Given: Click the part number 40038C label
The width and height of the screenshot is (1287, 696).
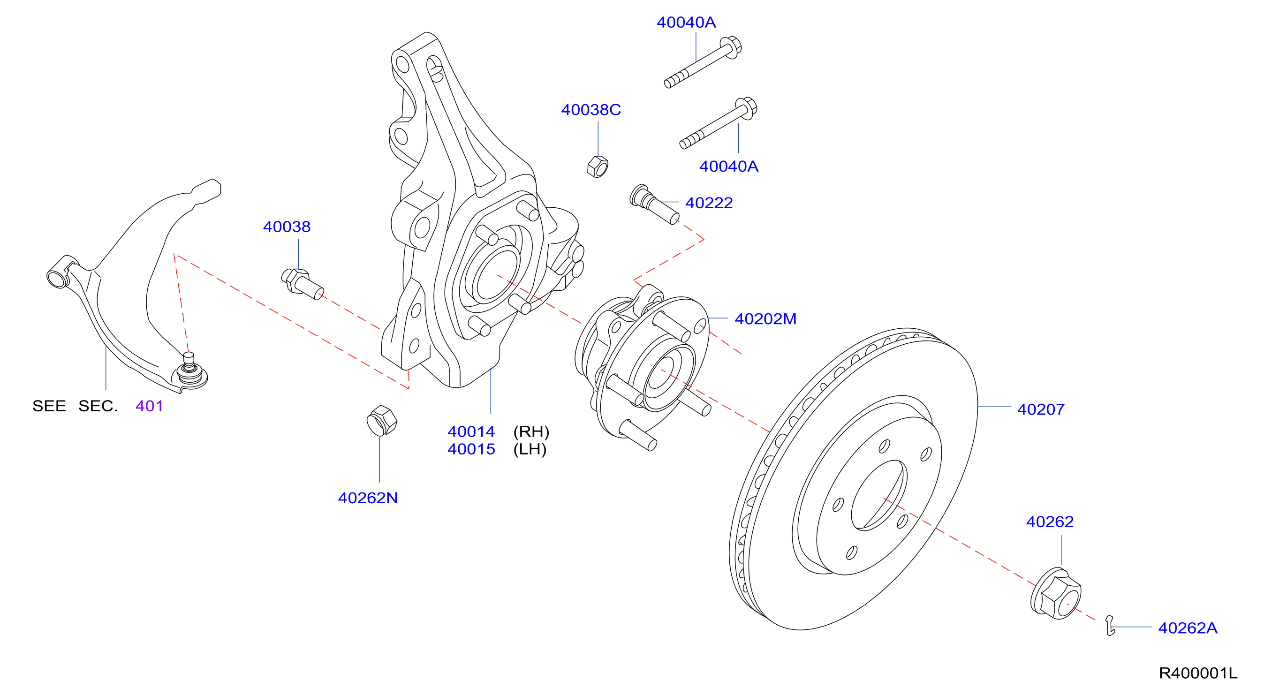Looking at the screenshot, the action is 591,109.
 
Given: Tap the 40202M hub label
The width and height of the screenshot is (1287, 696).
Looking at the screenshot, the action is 765,319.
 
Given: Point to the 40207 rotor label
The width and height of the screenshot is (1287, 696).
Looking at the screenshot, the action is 1041,409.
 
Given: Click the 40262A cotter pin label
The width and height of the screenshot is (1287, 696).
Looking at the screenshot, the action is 1188,628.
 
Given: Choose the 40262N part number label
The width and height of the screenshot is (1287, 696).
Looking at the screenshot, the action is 368,498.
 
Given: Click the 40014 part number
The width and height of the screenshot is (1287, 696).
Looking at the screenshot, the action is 471,431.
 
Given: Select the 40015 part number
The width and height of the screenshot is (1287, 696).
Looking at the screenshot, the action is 471,449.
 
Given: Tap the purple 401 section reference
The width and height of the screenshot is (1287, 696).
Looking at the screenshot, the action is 149,406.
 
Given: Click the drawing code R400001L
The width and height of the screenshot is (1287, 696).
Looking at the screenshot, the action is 1198,673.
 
